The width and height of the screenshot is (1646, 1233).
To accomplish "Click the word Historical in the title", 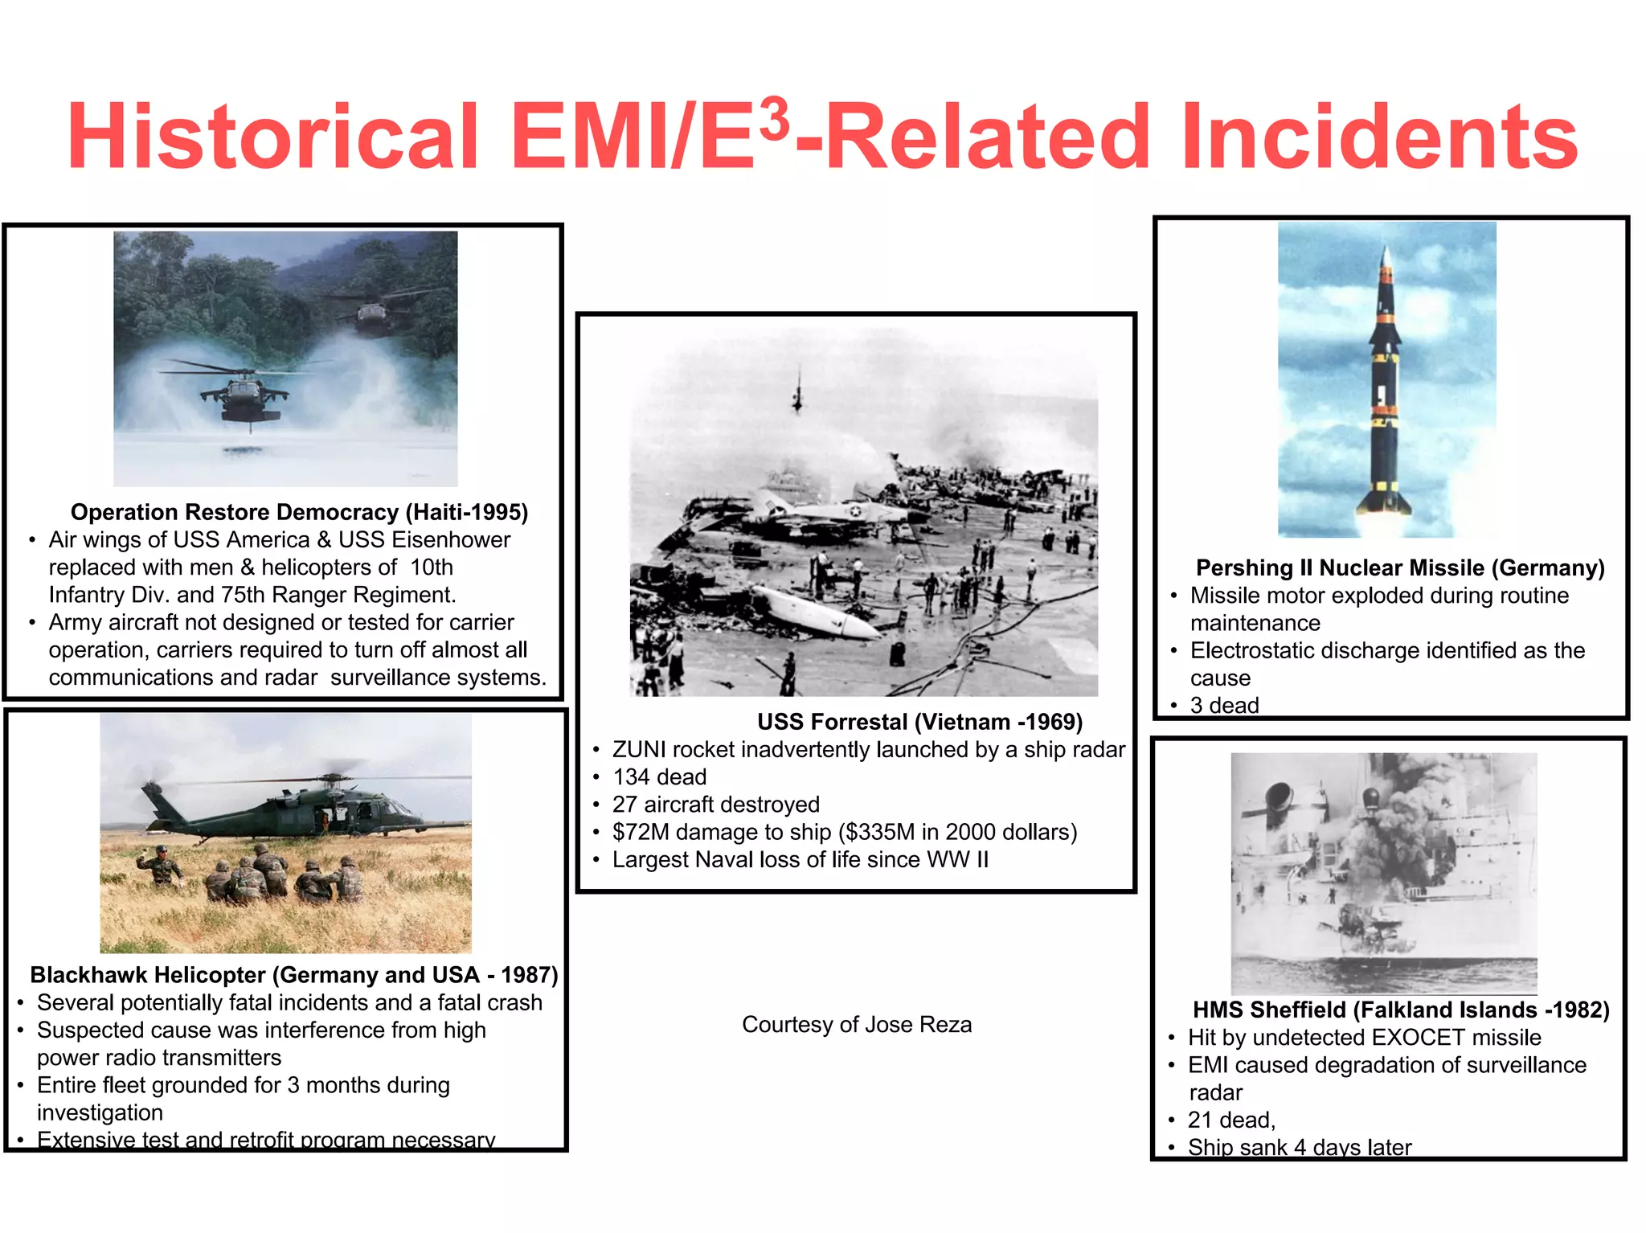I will coord(273,137).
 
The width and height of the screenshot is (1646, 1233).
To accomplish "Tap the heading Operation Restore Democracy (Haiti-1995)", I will coord(299,512).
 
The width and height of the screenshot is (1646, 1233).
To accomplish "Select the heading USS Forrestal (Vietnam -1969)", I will coord(919,722).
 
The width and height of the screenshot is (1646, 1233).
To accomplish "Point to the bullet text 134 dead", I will coord(659,777).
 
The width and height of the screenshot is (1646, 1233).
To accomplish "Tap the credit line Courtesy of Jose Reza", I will coord(856,1025).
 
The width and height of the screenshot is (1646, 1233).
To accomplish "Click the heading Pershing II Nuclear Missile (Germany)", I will coord(1399,568).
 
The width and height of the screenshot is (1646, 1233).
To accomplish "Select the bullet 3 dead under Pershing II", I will coord(1224,706).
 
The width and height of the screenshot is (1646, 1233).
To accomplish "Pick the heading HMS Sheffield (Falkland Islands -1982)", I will coord(1401,1010).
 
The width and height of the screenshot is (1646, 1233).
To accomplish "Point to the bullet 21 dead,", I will coord(1231,1120).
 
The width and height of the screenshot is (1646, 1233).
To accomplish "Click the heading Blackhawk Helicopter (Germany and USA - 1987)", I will coord(293,975).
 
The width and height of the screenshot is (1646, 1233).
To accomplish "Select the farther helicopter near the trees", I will coord(371,315).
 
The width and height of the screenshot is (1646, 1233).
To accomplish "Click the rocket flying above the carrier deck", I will coord(797,394).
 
